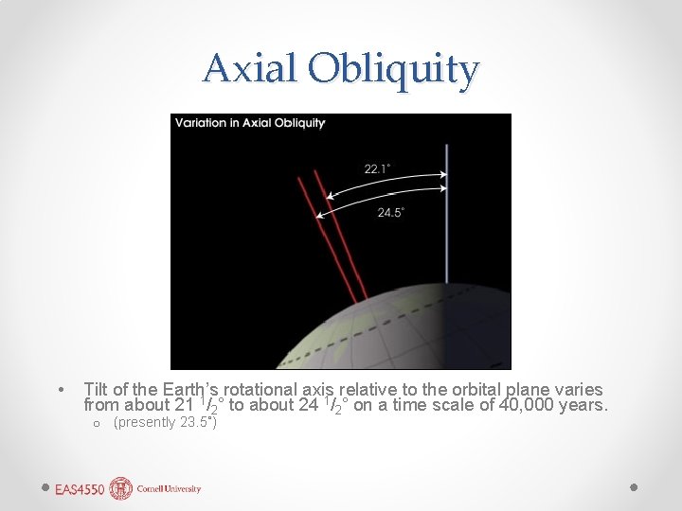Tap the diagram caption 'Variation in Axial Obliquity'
250,123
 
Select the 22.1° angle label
377,168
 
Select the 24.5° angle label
390,213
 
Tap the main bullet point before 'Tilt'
61,390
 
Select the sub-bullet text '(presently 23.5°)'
165,422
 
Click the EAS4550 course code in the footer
79,489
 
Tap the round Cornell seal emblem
121,488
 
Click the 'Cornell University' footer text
170,489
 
